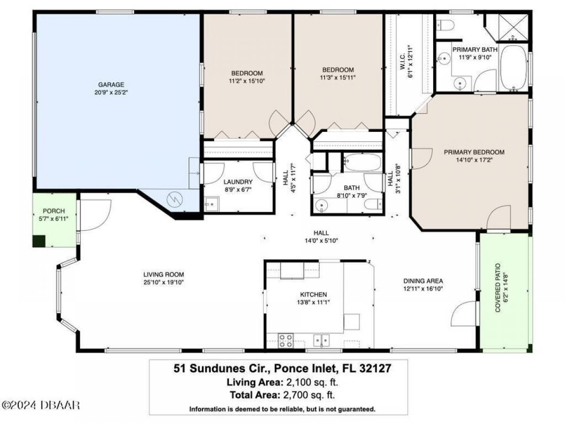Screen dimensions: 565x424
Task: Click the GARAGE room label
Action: click(x=111, y=84)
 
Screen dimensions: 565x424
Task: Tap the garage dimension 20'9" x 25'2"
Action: click(x=111, y=92)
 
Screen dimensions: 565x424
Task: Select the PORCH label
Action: click(x=54, y=211)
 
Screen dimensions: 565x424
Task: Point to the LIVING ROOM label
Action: click(x=163, y=275)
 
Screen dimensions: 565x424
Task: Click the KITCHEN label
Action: click(x=313, y=294)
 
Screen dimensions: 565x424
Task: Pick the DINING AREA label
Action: click(x=423, y=281)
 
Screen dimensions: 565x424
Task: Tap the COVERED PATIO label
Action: click(x=498, y=287)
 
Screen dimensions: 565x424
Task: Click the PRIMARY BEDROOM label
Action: click(x=474, y=152)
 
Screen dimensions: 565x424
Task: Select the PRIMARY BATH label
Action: click(x=475, y=49)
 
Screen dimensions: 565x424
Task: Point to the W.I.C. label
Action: click(x=403, y=61)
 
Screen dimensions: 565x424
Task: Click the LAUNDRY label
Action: click(x=238, y=182)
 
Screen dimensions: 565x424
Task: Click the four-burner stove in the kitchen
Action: click(x=286, y=340)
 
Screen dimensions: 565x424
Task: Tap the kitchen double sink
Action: click(x=321, y=340)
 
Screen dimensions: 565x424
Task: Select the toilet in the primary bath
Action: click(x=445, y=25)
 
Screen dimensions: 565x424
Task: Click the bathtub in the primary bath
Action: click(x=514, y=68)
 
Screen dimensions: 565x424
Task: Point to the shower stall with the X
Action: click(x=513, y=27)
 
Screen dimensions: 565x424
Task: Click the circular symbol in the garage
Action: click(x=175, y=199)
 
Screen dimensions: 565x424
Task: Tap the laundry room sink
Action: click(x=211, y=204)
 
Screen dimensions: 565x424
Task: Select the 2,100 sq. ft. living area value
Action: click(x=312, y=383)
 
